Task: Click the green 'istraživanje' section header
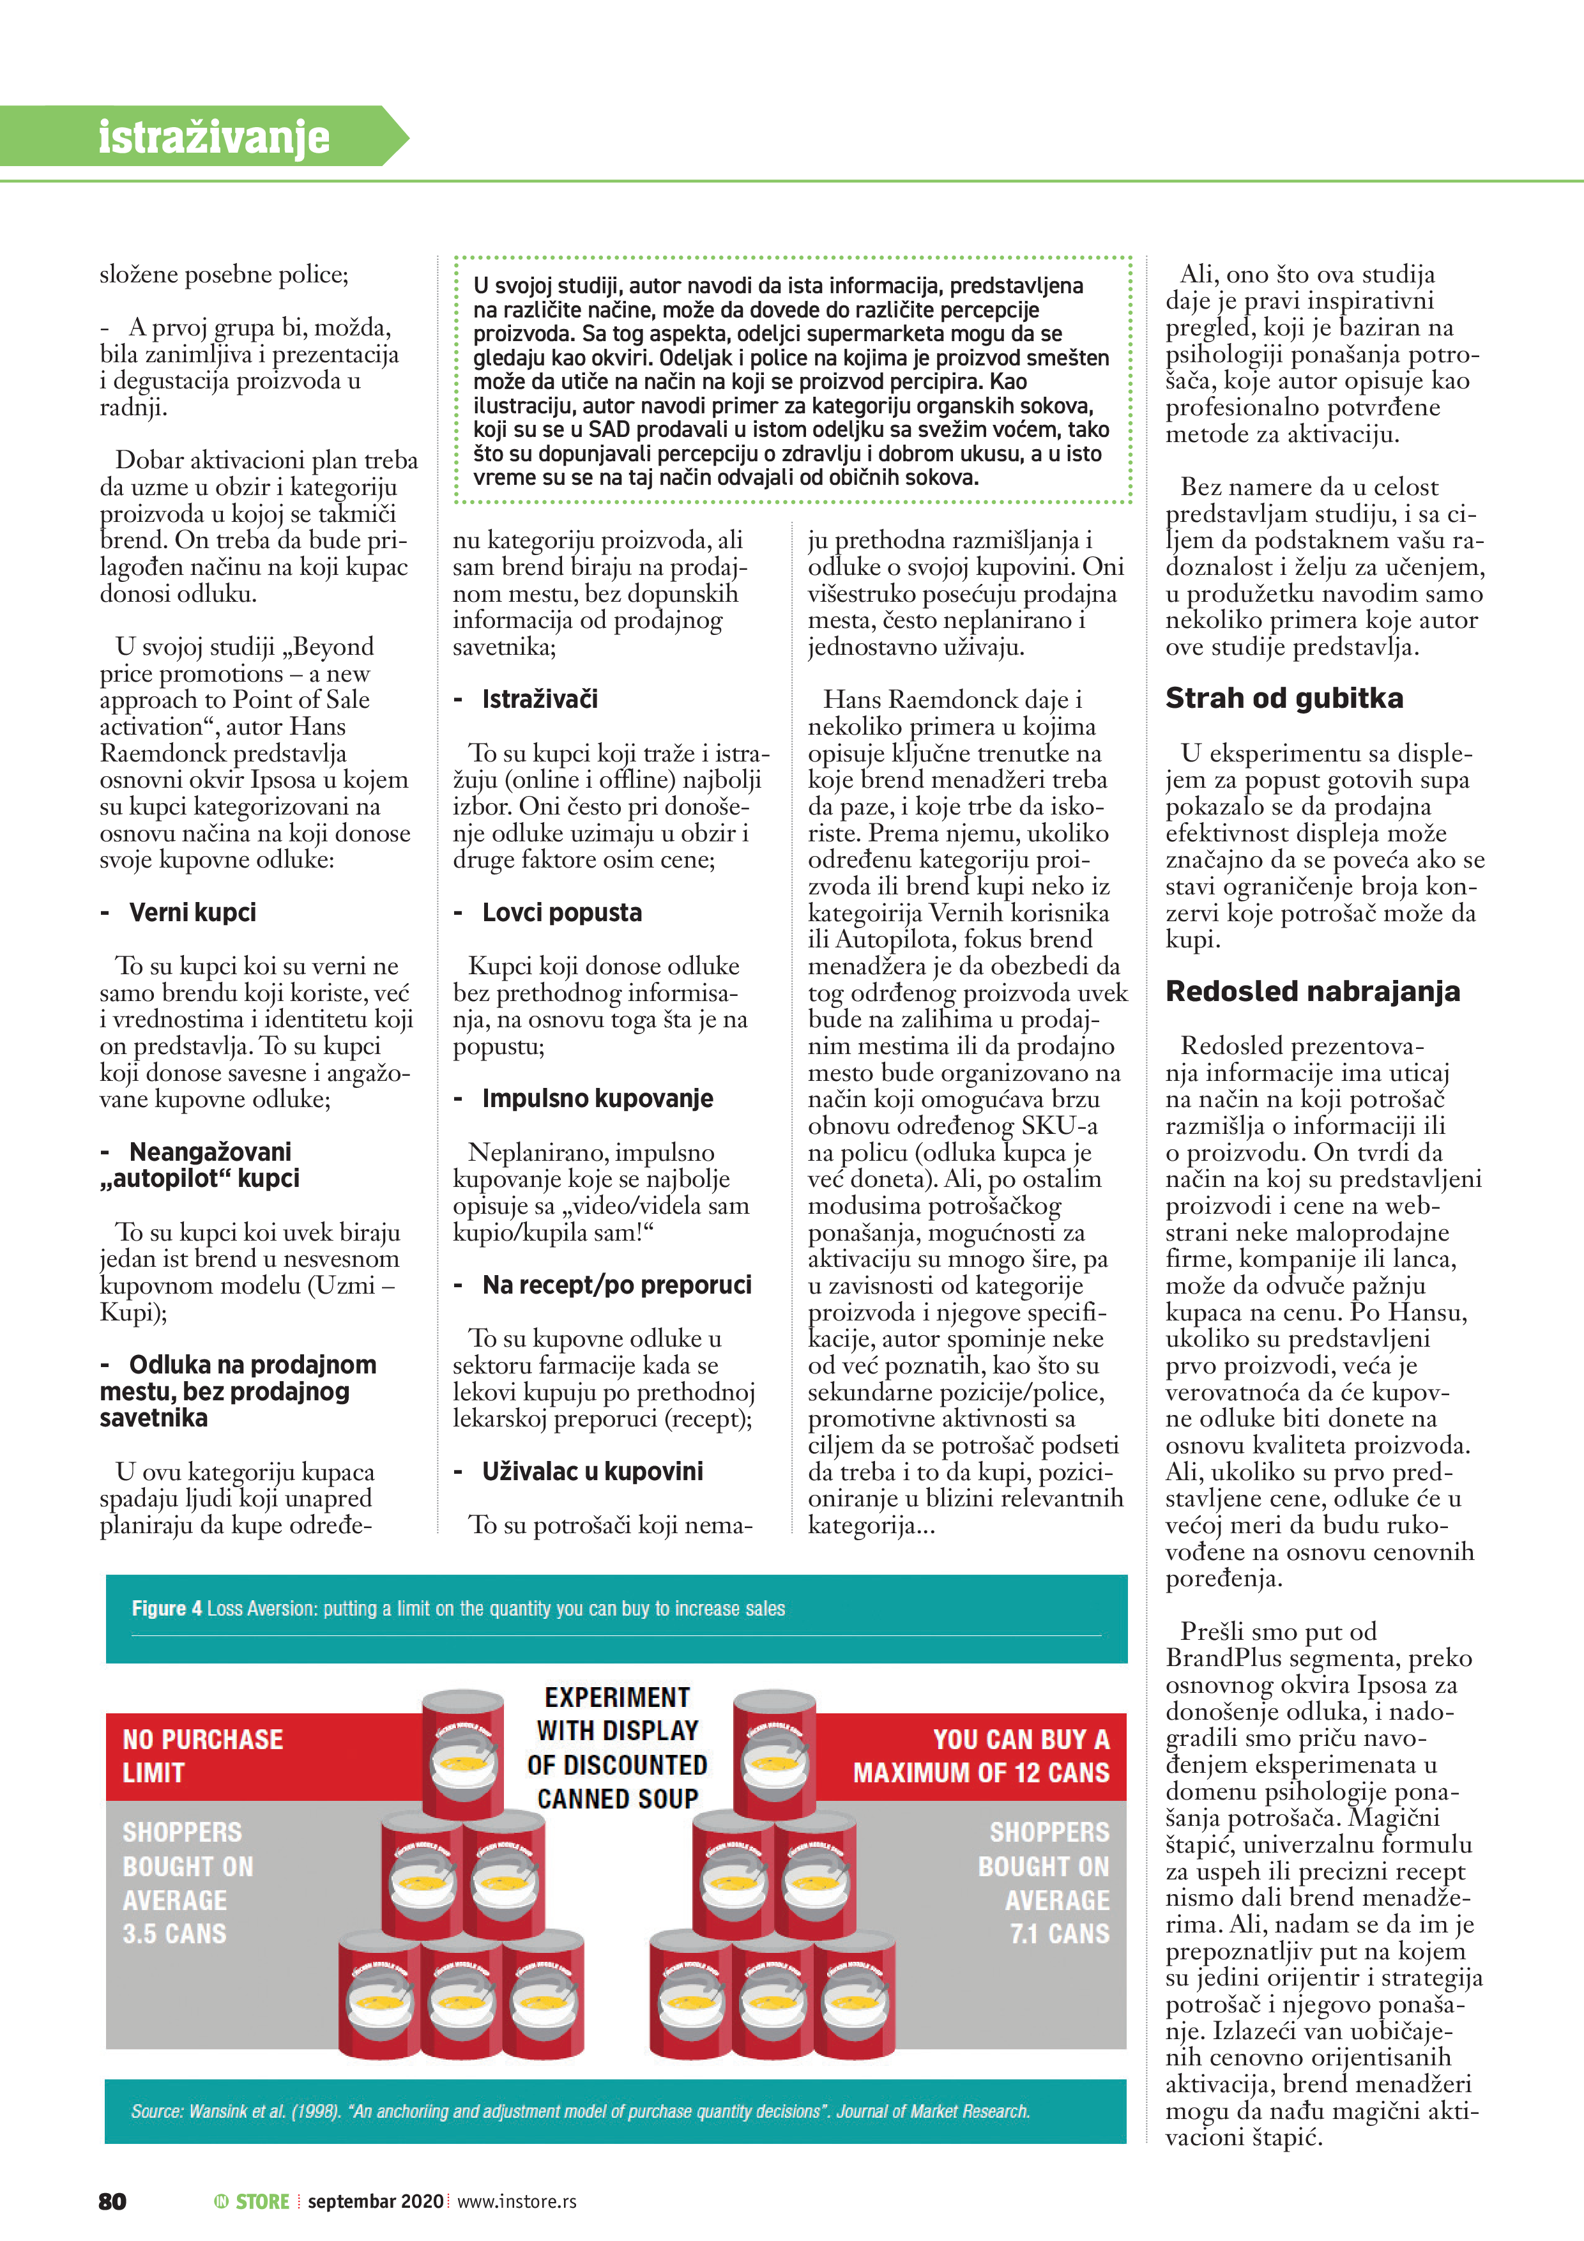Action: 214,137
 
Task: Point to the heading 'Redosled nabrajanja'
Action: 1312,991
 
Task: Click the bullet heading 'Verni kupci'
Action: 192,913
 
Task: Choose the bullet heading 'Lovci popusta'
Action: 561,913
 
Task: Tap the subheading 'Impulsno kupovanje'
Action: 597,1098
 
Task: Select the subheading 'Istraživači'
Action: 540,699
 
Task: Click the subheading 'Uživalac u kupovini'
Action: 593,1471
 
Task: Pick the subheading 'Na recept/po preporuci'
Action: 617,1285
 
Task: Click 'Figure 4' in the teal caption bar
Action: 167,1609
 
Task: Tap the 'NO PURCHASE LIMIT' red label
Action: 202,1756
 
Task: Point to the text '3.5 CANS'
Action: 175,1934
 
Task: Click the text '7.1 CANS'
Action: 1059,1934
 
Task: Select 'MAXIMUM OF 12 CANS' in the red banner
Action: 981,1773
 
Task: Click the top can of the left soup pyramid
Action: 462,1755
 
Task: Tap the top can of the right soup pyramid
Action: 775,1755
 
